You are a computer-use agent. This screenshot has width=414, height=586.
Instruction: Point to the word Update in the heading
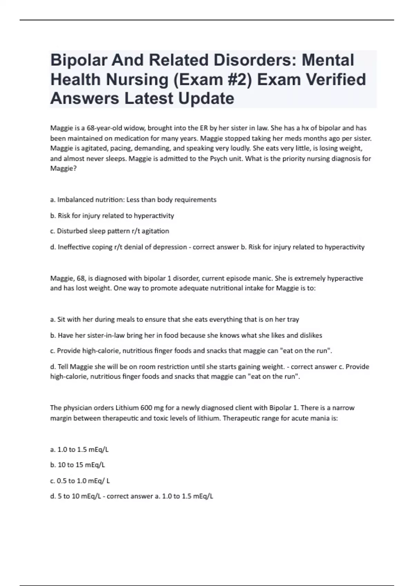click(x=206, y=99)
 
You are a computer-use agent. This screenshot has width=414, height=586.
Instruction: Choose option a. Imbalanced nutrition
click(x=133, y=200)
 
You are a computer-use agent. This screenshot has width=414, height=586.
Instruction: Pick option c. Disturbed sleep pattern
click(x=109, y=231)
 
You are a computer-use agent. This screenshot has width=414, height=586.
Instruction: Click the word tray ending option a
click(x=293, y=320)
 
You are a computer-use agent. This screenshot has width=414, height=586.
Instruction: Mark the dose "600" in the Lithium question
click(x=146, y=408)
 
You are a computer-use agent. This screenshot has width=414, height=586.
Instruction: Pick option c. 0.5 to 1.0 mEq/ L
click(x=80, y=481)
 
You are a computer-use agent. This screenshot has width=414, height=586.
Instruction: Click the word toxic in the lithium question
click(x=168, y=418)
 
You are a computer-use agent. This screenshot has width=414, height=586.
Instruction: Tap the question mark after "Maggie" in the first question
click(x=75, y=169)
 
